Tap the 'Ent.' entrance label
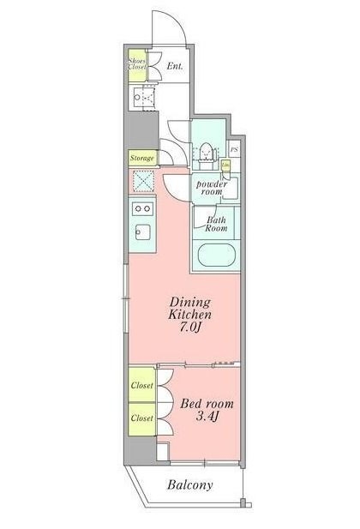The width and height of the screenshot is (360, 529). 175,67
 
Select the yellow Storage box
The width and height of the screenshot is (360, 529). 142,159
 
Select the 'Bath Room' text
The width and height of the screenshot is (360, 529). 215,225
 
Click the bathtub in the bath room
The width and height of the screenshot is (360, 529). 215,256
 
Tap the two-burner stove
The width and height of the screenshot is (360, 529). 141,207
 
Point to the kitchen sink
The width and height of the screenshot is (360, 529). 141,232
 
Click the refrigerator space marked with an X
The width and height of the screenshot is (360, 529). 141,181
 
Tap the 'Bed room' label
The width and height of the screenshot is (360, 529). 207,403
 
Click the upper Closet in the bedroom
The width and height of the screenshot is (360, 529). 142,386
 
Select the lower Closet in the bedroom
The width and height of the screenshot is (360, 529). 142,418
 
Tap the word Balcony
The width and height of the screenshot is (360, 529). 189,484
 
